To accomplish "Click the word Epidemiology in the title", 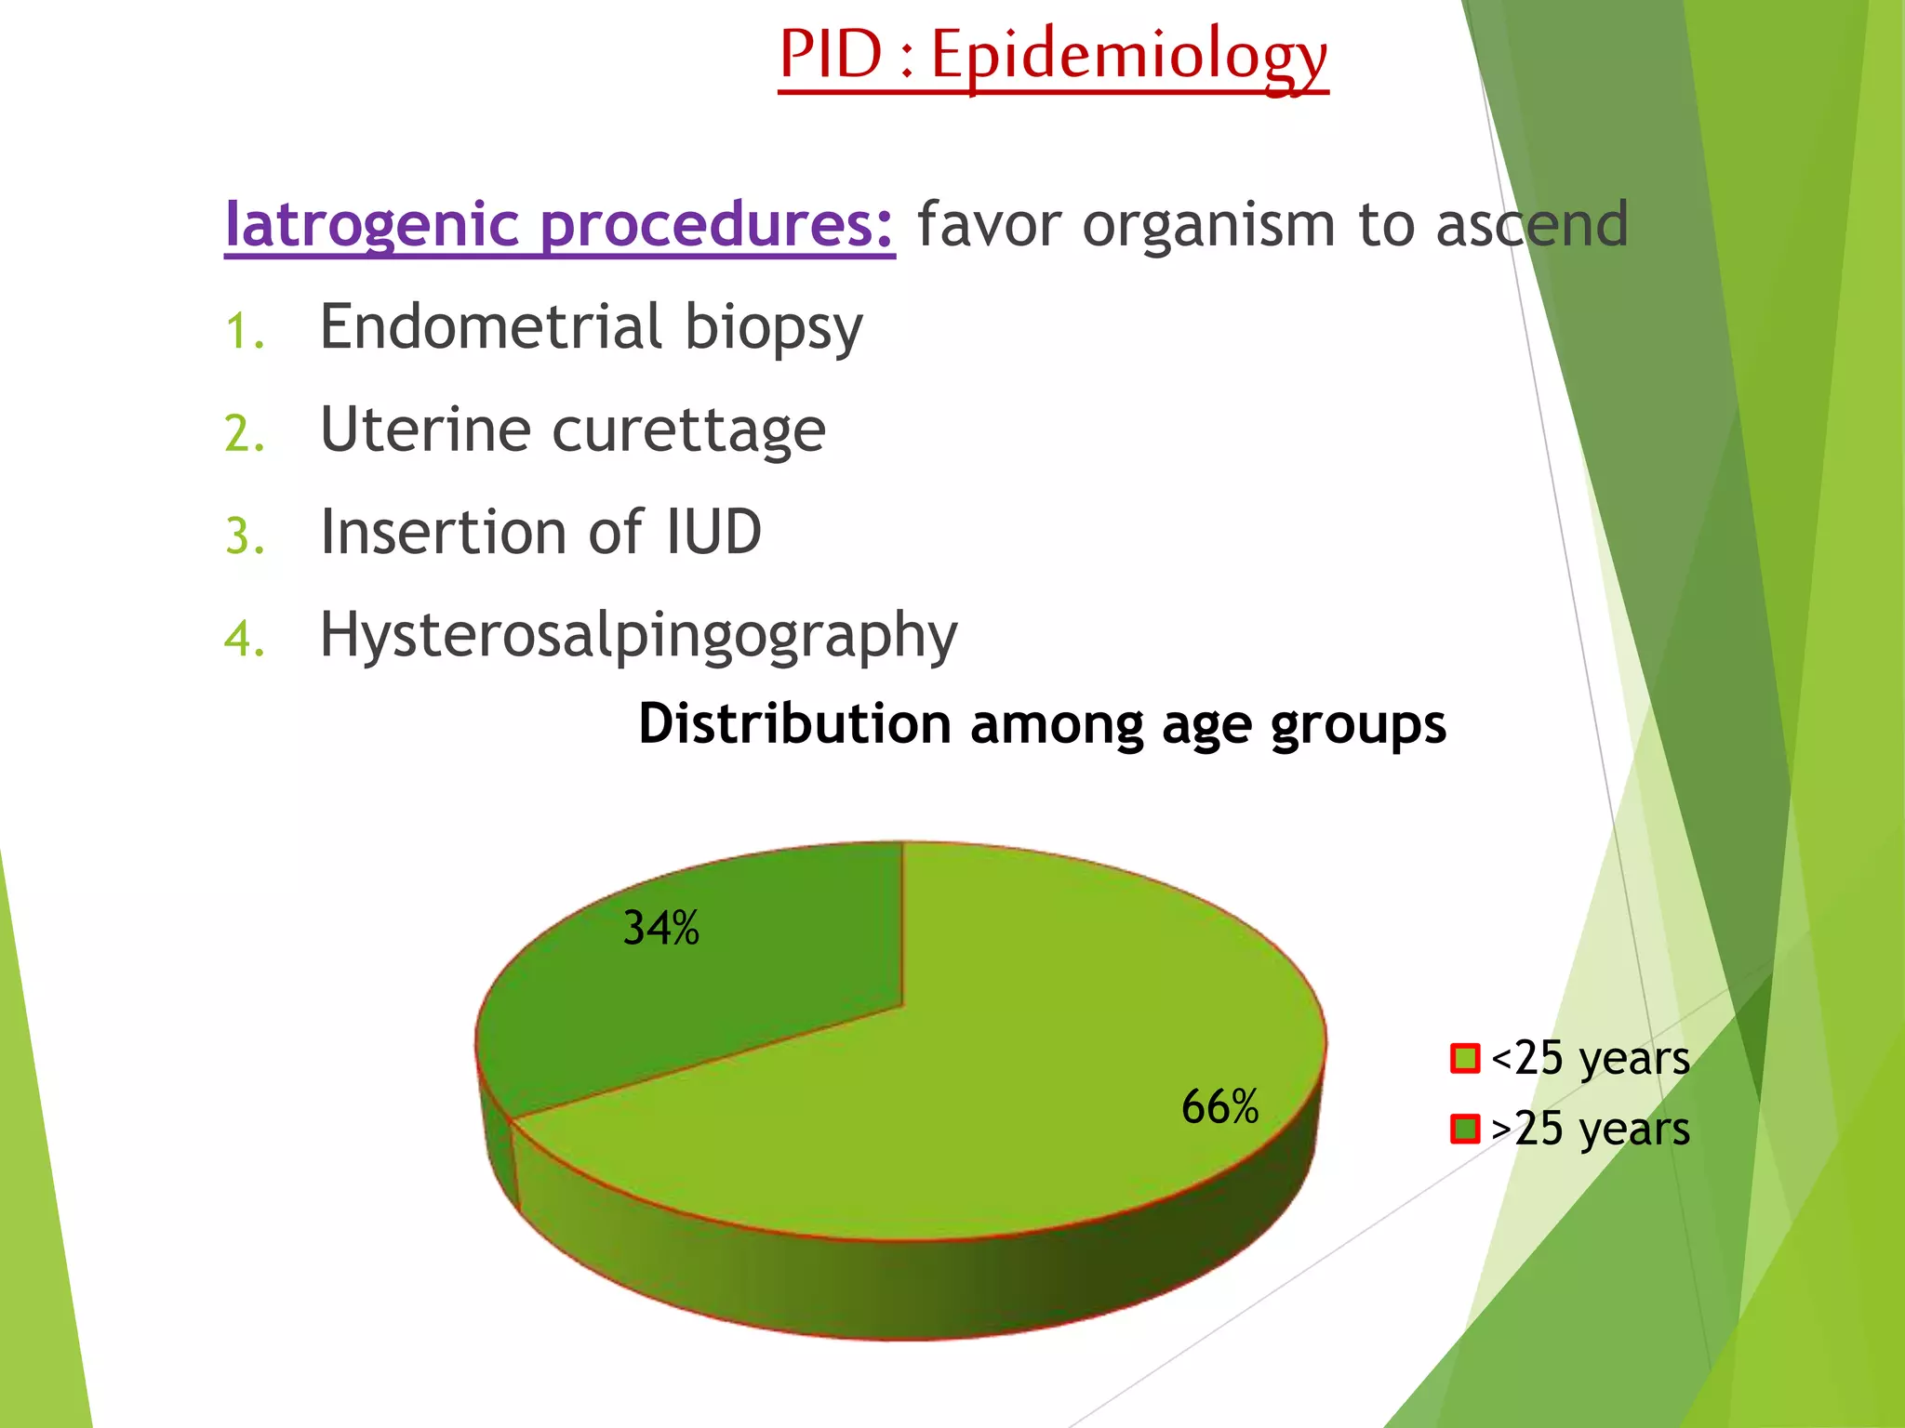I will [1129, 56].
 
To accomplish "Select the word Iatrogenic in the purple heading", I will [372, 225].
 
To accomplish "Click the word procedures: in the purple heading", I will [716, 225].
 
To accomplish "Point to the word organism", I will [1209, 225].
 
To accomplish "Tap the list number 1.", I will [244, 332].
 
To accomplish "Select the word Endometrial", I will [491, 327].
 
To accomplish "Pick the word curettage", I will [688, 430].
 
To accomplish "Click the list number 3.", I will [244, 536].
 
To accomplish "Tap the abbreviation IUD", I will [714, 532].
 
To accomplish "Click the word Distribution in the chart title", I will [794, 724].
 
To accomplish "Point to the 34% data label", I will [660, 928].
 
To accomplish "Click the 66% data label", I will [1219, 1107].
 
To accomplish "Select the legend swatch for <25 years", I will [1464, 1059].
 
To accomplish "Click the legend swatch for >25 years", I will [1464, 1129].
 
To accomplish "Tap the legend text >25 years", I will [1590, 1130].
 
